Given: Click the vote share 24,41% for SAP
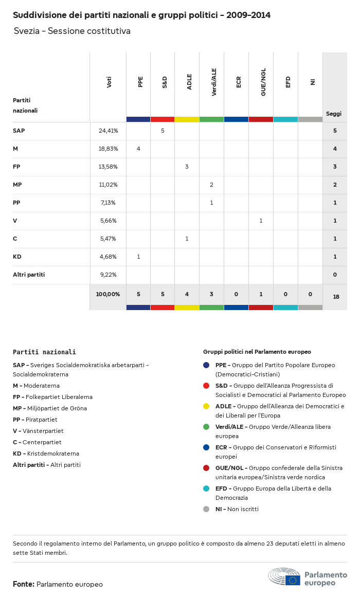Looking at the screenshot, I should point(108,131).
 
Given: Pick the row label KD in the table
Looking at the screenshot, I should point(17,257).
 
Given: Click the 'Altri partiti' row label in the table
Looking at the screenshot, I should point(29,275).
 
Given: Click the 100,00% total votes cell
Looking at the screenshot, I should point(108,294).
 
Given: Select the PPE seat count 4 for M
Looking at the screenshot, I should point(138,149).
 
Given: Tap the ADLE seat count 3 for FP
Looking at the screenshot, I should point(187,167).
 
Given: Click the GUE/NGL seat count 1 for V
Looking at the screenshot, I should point(261,221).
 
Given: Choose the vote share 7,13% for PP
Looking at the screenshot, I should point(108,203).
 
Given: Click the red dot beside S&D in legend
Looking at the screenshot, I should point(206,386).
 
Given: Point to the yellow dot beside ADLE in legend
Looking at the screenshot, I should point(206,406).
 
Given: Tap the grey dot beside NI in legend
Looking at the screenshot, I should point(206,509).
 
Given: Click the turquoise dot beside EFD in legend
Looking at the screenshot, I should point(206,489).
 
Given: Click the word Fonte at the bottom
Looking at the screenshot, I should point(23,584).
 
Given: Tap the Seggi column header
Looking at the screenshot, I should point(334,114).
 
